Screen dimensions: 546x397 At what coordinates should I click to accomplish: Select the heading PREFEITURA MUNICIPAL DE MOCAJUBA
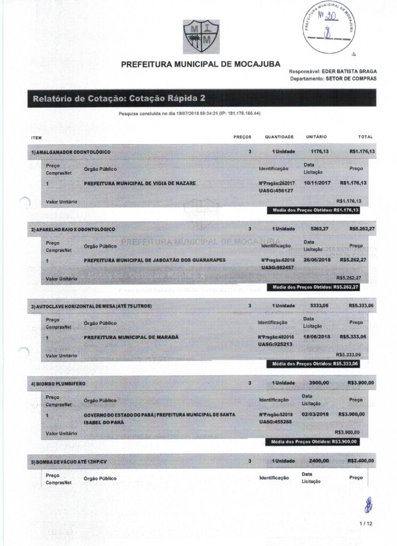tap(201, 64)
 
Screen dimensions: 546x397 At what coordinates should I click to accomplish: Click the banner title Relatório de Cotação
tap(119, 98)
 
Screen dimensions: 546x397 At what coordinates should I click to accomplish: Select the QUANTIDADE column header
tap(279, 137)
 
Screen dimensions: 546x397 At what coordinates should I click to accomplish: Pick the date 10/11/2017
tap(318, 183)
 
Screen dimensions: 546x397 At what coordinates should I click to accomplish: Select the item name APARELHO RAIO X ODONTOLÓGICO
tap(73, 229)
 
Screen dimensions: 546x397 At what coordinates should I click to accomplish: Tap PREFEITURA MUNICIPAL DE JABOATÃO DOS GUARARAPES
tap(155, 260)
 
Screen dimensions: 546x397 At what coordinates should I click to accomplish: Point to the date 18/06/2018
tap(318, 337)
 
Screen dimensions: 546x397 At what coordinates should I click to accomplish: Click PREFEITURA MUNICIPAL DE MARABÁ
tap(131, 338)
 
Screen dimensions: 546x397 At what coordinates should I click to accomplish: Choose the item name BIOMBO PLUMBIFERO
tap(58, 383)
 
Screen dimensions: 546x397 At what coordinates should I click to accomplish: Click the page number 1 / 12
tap(366, 524)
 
